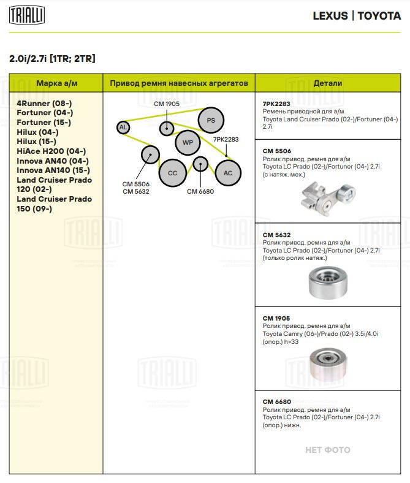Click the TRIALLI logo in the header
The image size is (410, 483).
click(26, 15)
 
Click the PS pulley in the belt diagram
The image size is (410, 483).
click(210, 120)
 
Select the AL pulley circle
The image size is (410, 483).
click(123, 127)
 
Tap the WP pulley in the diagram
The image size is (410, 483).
click(187, 143)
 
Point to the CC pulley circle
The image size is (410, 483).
click(172, 173)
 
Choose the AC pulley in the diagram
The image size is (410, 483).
click(227, 173)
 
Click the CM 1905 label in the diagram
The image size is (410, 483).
click(166, 104)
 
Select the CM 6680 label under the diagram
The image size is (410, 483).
click(200, 191)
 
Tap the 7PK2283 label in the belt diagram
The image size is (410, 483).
click(226, 140)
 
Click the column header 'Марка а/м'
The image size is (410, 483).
click(56, 83)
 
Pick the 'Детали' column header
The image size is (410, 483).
click(327, 83)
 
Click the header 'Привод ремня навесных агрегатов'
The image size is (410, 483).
click(179, 83)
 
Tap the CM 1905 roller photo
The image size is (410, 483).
click(327, 365)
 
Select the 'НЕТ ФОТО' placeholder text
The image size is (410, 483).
click(328, 450)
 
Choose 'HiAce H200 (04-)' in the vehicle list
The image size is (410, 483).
click(51, 151)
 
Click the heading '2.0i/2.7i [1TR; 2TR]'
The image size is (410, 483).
click(52, 59)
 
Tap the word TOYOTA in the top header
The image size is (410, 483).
click(379, 16)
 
